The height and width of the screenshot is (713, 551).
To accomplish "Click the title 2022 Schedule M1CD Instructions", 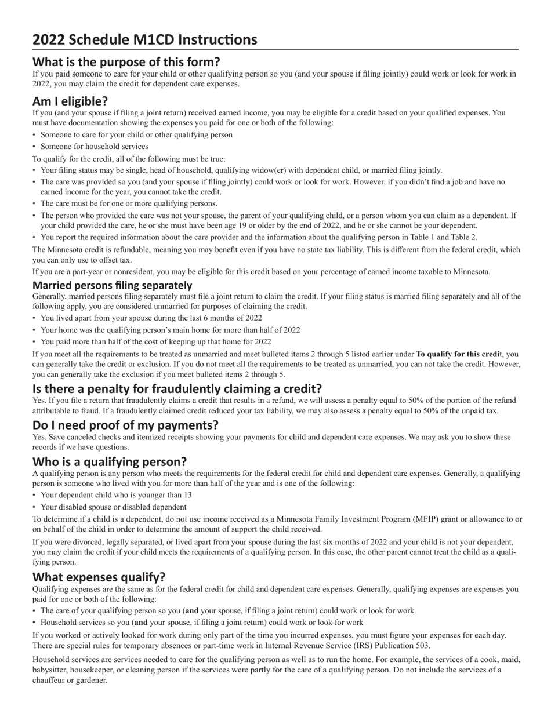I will (x=144, y=39).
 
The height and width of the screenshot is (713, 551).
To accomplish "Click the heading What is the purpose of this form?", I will (x=126, y=61).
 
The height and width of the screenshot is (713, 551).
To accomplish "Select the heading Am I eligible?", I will (x=70, y=101).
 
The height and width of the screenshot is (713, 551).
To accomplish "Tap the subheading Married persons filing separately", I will (x=112, y=285).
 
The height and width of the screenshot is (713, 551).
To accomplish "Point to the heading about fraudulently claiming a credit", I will (x=177, y=388).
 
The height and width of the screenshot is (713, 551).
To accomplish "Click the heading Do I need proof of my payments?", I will (x=125, y=425).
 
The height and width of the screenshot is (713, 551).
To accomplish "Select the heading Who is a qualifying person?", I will (x=110, y=461).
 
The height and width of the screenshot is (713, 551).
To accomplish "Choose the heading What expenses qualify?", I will (x=99, y=577).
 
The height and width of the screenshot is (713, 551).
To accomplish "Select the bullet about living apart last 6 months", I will (x=151, y=318).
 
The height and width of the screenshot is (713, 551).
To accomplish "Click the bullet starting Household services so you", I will (x=202, y=623).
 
